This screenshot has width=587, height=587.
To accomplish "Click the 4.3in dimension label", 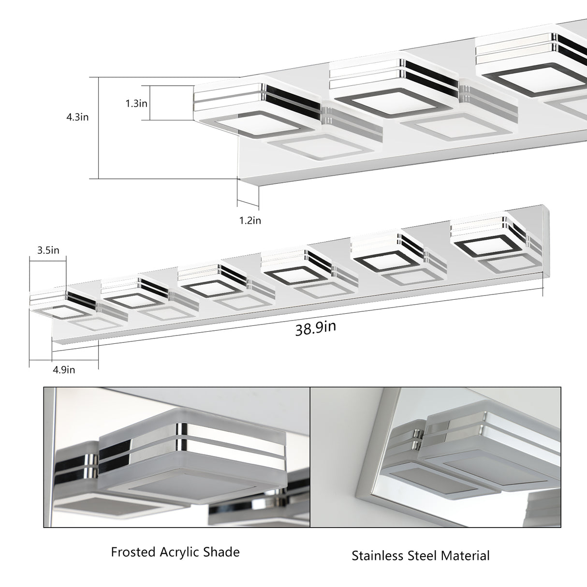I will coord(77,117).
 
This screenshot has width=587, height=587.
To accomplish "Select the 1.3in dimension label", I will coord(136,103).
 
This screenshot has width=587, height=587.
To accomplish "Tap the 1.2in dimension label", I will coord(250,220).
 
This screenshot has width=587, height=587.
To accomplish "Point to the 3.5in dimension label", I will coord(48,250).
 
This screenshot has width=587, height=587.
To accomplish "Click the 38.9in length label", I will coord(315,328).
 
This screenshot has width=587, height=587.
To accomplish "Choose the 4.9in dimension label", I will coord(64,370).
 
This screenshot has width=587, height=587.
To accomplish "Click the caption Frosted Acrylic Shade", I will coord(175,552).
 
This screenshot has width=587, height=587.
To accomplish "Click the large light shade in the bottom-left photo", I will coord(193,459).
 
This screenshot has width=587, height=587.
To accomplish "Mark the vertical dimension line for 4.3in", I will coord(99,128).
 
